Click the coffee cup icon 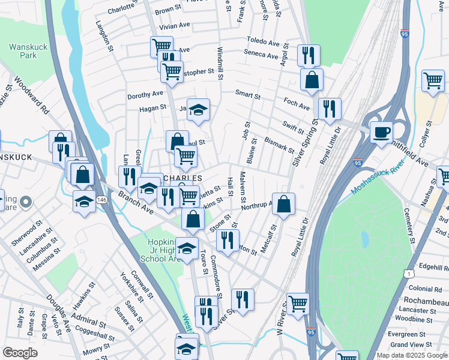pyautogui.click(x=381, y=131)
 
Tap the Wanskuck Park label pyautogui.click(x=24, y=51)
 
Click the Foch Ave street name pyautogui.click(x=297, y=107)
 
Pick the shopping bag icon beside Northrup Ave pyautogui.click(x=284, y=203)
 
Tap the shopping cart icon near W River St pyautogui.click(x=297, y=304)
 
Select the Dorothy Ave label pyautogui.click(x=145, y=94)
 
